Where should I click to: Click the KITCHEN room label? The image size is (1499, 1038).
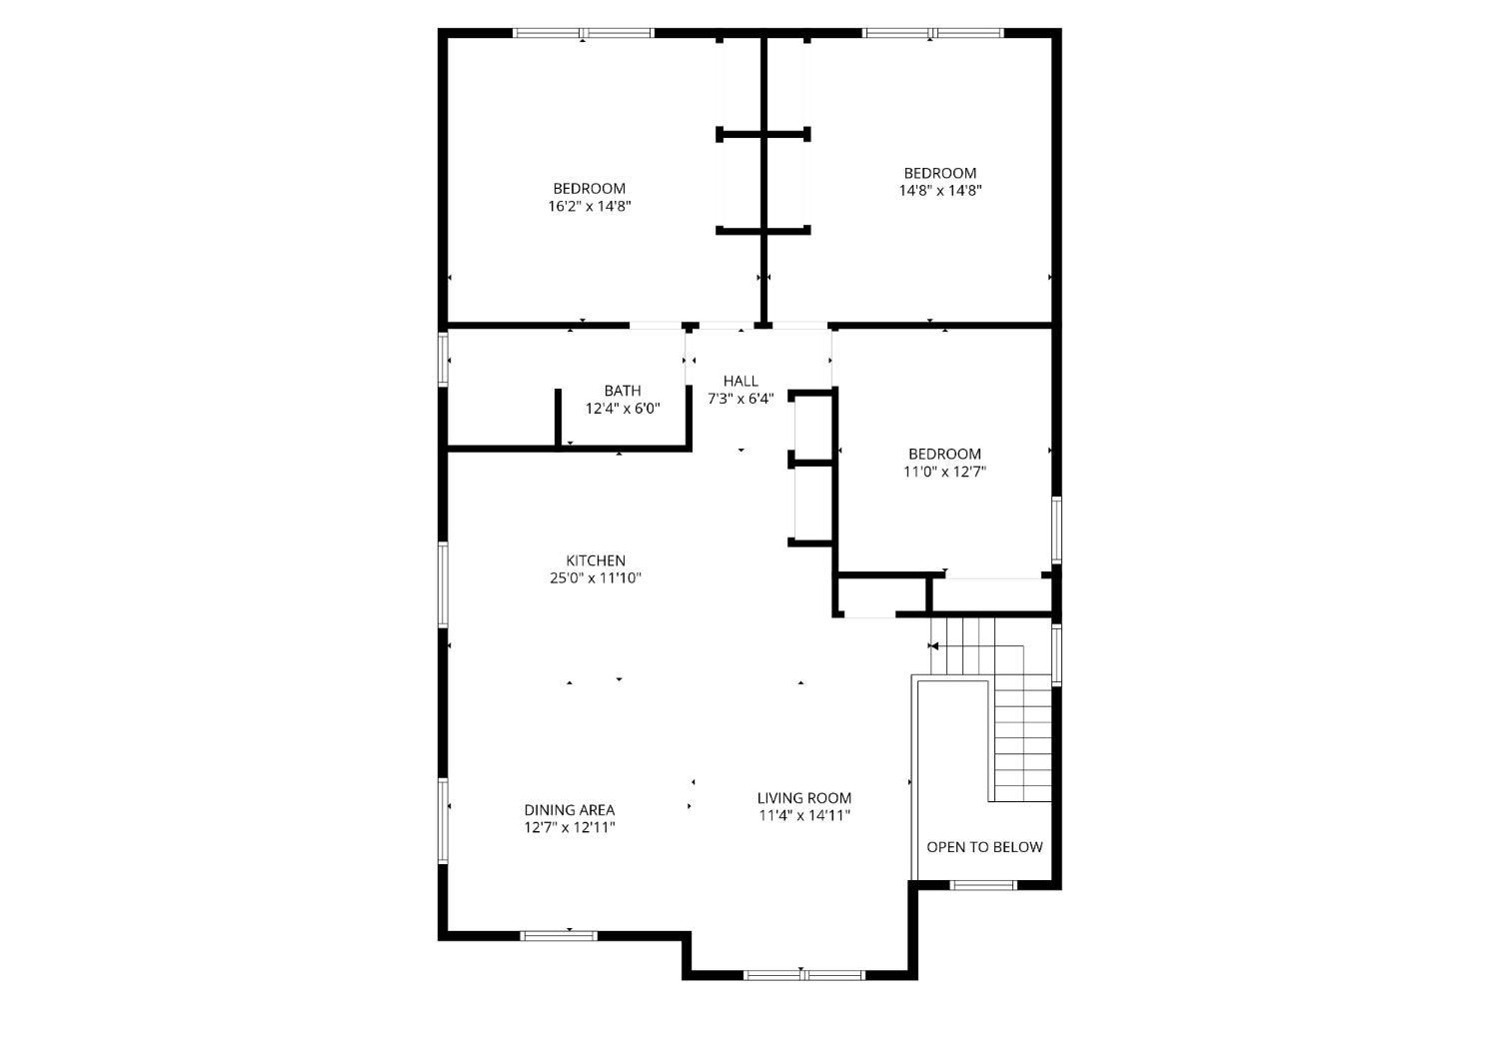[x=596, y=560]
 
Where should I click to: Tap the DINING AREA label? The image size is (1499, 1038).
[x=570, y=810]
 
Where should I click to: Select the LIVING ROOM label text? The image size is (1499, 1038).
[x=804, y=798]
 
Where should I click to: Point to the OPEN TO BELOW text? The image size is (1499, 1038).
[x=984, y=847]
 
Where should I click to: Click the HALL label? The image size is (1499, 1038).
[x=741, y=382]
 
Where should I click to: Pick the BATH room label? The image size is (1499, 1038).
[x=623, y=391]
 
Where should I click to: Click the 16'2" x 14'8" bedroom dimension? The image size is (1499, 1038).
[x=590, y=206]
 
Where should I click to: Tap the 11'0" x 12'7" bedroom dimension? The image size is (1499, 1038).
[x=945, y=472]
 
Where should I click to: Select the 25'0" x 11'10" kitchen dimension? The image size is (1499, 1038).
[x=596, y=577]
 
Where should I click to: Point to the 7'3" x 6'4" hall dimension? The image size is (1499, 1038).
[x=741, y=399]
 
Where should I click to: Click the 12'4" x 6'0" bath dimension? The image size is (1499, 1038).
[x=623, y=408]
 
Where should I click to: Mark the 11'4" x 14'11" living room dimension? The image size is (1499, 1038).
[x=804, y=815]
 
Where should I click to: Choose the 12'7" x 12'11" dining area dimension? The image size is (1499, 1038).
[x=570, y=827]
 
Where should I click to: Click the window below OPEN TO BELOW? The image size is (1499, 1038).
[x=983, y=885]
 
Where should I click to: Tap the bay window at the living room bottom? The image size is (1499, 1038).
[x=804, y=976]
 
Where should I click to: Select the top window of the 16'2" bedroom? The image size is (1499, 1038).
[x=583, y=32]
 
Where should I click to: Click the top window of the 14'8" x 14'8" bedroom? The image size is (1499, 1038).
[x=932, y=32]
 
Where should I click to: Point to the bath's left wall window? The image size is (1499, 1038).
[x=443, y=360]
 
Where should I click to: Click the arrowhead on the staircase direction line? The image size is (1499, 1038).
[x=934, y=646]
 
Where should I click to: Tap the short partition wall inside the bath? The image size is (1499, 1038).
[x=558, y=418]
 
